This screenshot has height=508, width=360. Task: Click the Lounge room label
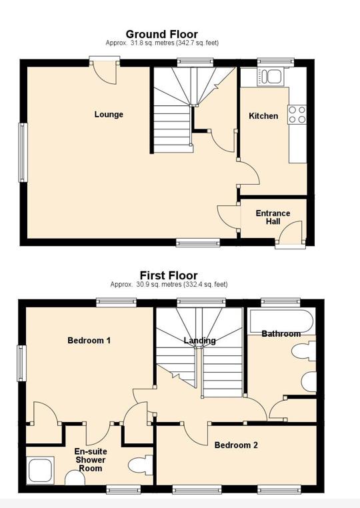pyautogui.click(x=109, y=115)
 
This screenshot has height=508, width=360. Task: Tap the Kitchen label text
pyautogui.click(x=263, y=116)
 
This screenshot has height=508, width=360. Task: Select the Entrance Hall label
pyautogui.click(x=273, y=218)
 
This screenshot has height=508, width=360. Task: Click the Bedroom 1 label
pyautogui.click(x=89, y=341)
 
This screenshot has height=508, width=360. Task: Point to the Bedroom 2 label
pyautogui.click(x=236, y=445)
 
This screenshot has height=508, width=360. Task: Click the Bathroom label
pyautogui.click(x=281, y=334)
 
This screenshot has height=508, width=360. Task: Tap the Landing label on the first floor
pyautogui.click(x=199, y=341)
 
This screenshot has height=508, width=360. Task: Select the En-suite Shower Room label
pyautogui.click(x=91, y=460)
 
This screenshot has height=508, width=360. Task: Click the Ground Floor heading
pyautogui.click(x=162, y=35)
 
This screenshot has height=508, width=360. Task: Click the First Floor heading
pyautogui.click(x=168, y=275)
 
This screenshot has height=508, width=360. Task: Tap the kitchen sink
pyautogui.click(x=272, y=76)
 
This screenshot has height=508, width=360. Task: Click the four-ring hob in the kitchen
pyautogui.click(x=297, y=115)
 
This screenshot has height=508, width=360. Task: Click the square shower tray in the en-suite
pyautogui.click(x=41, y=469)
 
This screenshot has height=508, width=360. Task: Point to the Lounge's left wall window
pyautogui.click(x=23, y=153)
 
